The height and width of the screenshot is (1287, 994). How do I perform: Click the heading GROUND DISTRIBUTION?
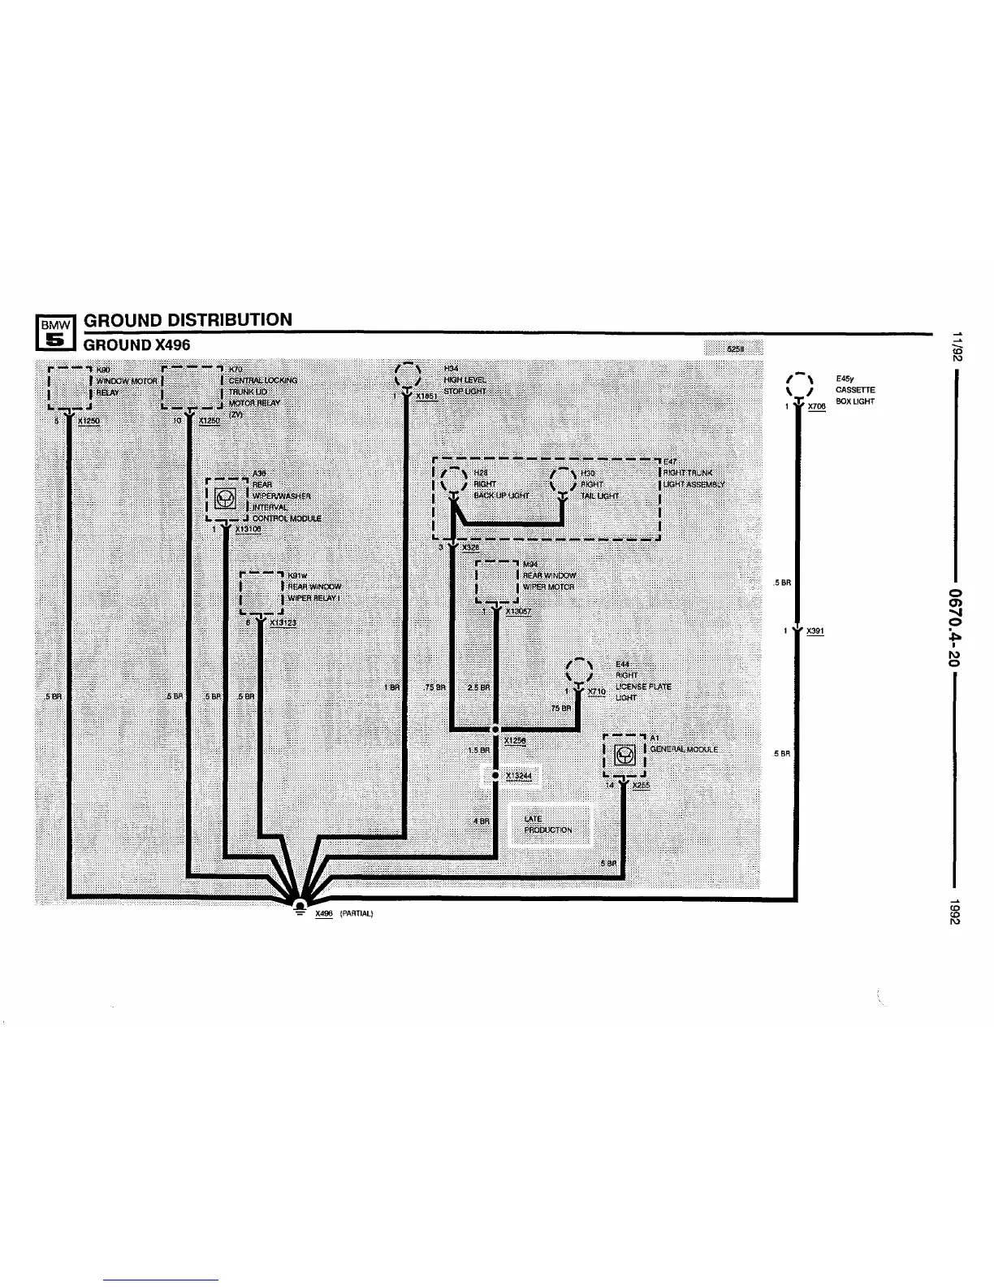[x=188, y=319]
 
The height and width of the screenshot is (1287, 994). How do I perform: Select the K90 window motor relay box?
[x=69, y=387]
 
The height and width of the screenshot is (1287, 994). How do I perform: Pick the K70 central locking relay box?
[x=192, y=387]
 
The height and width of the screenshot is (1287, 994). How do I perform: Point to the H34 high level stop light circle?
[x=406, y=375]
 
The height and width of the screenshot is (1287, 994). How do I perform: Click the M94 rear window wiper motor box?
[x=496, y=582]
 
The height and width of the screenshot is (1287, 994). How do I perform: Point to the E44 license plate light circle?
[x=579, y=671]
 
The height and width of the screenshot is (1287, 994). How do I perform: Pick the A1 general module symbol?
[x=624, y=756]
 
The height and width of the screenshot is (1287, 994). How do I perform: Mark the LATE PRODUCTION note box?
[x=550, y=825]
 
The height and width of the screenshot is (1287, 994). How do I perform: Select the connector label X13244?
[x=517, y=776]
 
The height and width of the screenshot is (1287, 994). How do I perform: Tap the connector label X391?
[x=815, y=630]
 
